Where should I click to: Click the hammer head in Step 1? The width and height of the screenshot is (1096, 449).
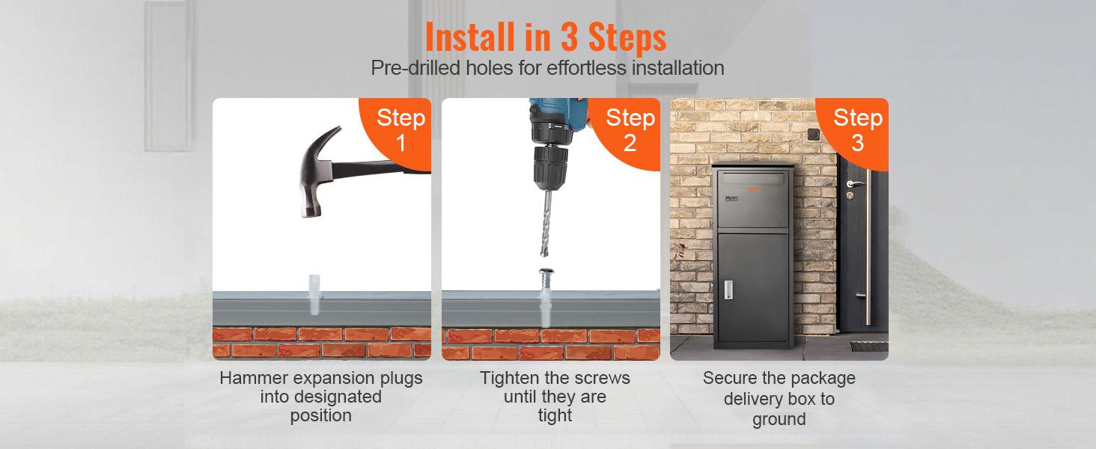(317, 171)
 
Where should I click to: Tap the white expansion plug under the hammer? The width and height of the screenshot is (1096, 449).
(314, 295)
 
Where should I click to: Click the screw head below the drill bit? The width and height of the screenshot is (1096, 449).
(546, 272)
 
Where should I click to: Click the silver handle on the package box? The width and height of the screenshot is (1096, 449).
(728, 290)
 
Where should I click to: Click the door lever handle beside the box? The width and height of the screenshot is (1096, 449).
(855, 184)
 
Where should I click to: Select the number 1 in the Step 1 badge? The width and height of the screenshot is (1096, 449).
(401, 143)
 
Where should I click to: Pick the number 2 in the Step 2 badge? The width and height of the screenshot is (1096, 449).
(630, 143)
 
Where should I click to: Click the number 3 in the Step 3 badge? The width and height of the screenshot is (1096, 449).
(857, 143)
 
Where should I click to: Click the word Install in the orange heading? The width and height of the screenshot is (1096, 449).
(470, 37)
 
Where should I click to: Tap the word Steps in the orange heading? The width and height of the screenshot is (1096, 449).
(627, 37)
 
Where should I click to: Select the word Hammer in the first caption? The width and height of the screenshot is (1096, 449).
(252, 378)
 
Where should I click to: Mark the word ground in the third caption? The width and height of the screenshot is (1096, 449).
(779, 420)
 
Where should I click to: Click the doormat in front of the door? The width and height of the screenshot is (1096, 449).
(869, 346)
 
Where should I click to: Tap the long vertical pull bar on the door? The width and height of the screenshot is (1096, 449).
(868, 247)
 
